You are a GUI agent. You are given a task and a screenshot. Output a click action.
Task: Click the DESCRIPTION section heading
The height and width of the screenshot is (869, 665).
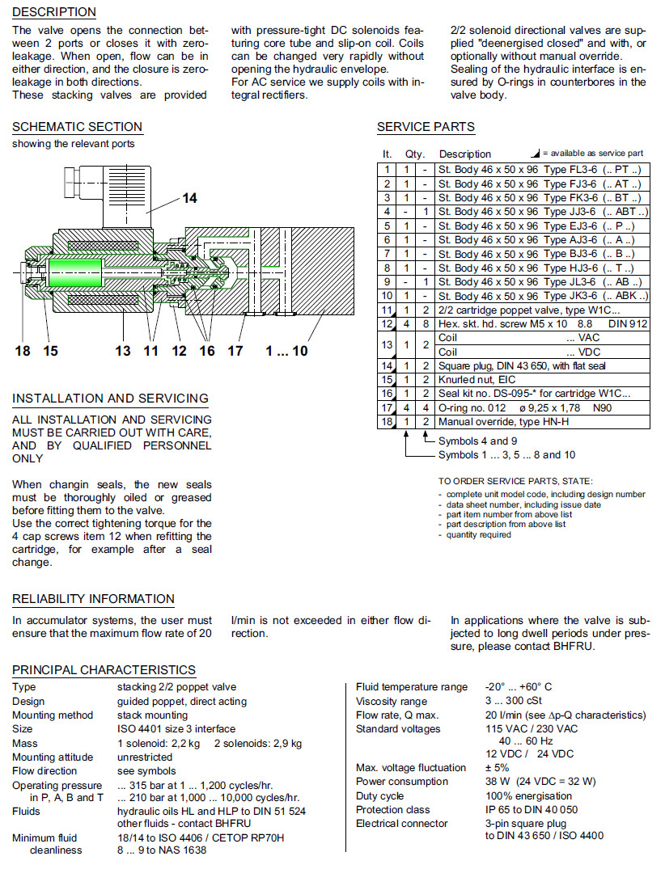pos(54,12)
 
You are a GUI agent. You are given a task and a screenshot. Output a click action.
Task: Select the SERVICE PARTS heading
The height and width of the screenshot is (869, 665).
pos(426,127)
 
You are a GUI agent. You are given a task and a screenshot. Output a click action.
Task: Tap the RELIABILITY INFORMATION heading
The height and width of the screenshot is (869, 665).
pos(93,599)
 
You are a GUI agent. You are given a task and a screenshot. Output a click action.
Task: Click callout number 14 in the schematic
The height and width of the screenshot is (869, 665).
pos(188,198)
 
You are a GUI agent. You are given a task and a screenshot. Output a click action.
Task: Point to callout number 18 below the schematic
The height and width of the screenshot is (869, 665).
pos(23,350)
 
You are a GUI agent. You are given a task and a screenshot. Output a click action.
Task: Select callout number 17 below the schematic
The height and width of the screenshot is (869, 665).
pos(235,350)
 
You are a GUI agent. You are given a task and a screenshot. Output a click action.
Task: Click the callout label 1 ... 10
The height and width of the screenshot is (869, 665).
pos(286,350)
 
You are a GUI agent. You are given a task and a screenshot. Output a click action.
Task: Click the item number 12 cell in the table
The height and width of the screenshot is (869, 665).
pos(388,324)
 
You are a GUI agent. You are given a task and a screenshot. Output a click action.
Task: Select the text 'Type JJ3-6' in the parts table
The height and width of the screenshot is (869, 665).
pos(570,212)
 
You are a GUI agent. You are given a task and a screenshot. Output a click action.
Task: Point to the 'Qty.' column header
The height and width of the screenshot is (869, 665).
pos(414,154)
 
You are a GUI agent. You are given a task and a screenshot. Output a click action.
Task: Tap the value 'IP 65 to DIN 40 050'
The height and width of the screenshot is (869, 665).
pos(532,809)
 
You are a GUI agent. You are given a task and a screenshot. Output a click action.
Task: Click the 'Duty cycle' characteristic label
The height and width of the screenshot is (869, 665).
pos(379,795)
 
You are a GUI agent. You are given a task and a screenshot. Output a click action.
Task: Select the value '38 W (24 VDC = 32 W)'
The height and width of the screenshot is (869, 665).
pos(540,781)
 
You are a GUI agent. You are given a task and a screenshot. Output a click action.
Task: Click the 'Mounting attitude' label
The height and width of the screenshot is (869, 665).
pos(52,757)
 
